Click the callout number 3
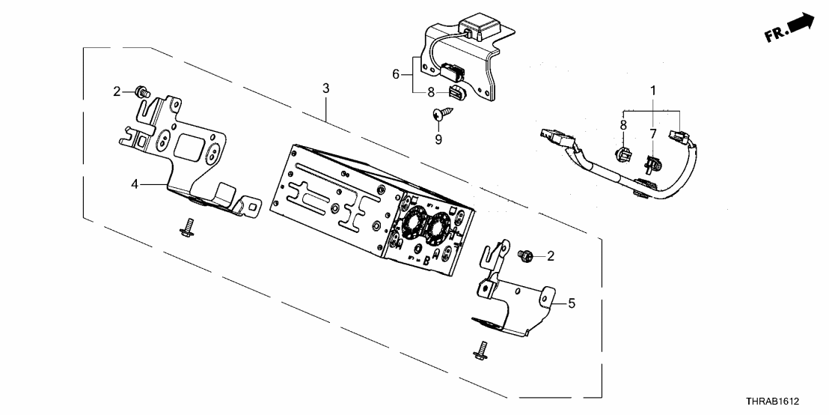(x=325, y=88)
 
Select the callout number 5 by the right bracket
(x=572, y=303)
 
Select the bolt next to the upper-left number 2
(x=140, y=92)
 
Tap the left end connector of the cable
(x=552, y=136)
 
